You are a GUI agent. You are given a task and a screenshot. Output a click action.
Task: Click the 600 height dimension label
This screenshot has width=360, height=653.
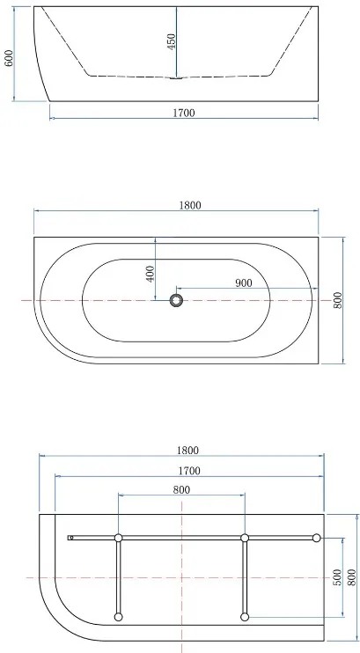(9, 58)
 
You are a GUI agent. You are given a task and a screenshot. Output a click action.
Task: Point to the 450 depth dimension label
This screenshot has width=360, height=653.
(172, 41)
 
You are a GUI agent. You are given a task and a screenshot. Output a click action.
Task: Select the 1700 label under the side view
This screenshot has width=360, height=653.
(184, 113)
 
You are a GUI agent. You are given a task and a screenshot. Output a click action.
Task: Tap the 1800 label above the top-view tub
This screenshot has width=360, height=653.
(190, 205)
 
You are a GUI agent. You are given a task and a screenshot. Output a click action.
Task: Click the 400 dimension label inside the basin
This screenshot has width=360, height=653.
(151, 274)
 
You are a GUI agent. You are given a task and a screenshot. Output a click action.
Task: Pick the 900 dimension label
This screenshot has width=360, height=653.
(244, 283)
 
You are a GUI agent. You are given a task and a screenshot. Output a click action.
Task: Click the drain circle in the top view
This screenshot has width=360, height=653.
(176, 300)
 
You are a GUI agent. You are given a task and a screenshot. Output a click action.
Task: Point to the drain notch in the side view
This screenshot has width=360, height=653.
(176, 77)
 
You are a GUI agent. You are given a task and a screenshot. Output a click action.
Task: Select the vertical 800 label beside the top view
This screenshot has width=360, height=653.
(337, 300)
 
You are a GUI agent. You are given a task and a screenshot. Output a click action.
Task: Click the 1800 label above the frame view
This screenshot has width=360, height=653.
(187, 451)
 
